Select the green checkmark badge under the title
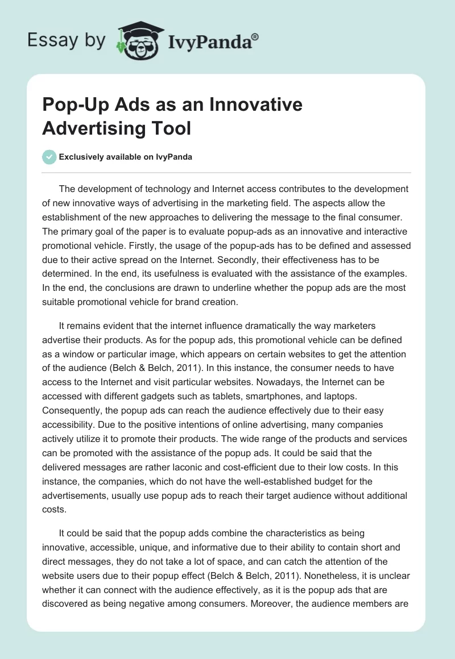tap(49, 157)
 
